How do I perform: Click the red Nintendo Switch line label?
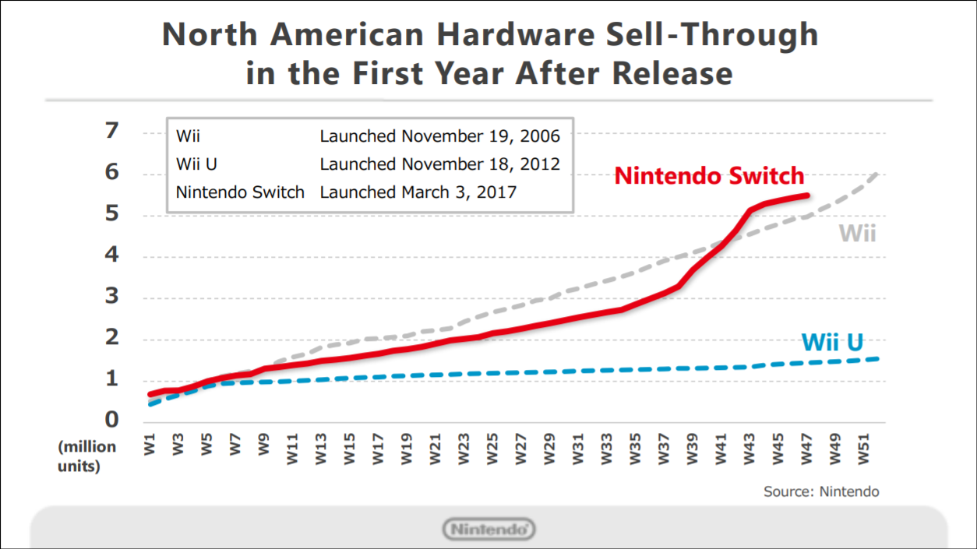click(x=709, y=175)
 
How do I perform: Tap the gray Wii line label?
click(x=857, y=233)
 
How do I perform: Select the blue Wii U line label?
click(x=831, y=342)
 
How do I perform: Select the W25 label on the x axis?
click(x=493, y=450)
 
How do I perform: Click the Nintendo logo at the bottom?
click(x=489, y=530)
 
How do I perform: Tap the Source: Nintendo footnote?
click(x=821, y=491)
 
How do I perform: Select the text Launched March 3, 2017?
click(x=418, y=192)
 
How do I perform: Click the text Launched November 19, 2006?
click(x=439, y=136)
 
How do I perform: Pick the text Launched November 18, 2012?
click(x=439, y=164)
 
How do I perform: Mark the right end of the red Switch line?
click(x=807, y=195)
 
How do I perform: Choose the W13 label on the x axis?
click(x=322, y=450)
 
